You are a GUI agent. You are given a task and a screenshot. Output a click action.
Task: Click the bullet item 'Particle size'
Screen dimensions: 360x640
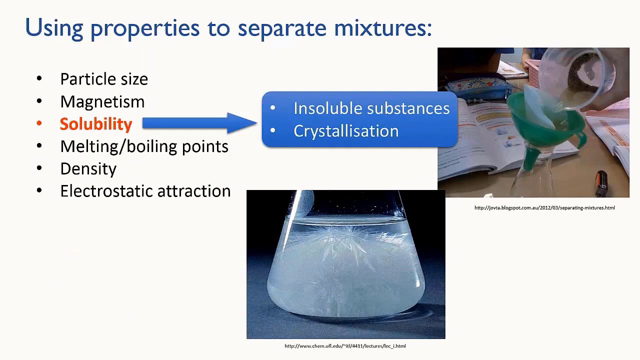click(x=103, y=79)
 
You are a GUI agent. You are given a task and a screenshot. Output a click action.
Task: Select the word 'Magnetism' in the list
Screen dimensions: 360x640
click(x=102, y=101)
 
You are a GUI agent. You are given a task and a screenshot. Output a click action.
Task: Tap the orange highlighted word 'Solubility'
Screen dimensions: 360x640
click(x=95, y=124)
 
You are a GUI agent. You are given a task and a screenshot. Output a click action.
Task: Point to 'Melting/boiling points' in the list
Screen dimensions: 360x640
click(x=144, y=146)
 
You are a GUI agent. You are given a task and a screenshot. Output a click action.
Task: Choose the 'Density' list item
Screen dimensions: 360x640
click(x=88, y=169)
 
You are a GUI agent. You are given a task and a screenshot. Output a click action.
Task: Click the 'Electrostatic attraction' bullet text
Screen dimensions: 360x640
click(x=145, y=191)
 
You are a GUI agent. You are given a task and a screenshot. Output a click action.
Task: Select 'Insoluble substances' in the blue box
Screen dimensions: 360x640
click(x=371, y=108)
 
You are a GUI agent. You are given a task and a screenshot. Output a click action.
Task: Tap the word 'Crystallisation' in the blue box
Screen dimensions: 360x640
click(x=345, y=131)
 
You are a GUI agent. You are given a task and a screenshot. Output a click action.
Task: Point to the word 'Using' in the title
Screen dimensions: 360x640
click(x=54, y=28)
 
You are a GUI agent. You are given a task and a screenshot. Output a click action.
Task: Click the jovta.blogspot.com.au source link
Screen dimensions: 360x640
click(x=544, y=208)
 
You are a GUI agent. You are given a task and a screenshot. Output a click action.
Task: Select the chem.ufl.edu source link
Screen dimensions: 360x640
click(x=345, y=346)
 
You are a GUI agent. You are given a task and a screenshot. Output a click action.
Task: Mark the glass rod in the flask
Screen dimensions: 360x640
click(x=302, y=205)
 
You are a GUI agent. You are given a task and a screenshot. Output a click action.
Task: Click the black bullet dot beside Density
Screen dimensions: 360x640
click(x=39, y=169)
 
